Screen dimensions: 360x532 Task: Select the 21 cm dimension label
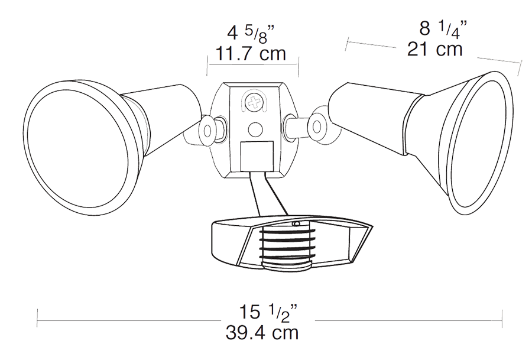(x=434, y=50)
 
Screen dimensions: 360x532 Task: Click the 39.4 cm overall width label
(x=262, y=332)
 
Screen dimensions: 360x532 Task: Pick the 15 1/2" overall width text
(x=267, y=311)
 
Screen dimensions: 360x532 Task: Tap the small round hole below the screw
(x=255, y=128)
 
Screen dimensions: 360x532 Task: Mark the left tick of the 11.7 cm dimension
(x=207, y=64)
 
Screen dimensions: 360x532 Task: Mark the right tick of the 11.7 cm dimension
(x=299, y=64)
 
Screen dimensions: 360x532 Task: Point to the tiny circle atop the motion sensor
(x=296, y=224)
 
